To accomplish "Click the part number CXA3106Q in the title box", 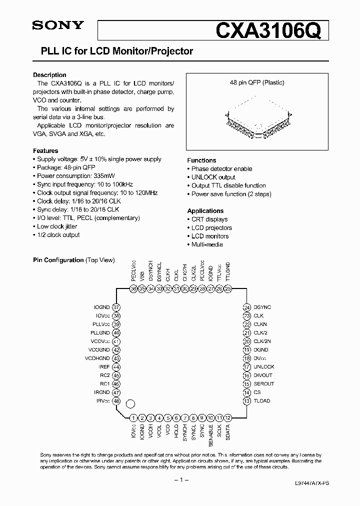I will click(x=271, y=31).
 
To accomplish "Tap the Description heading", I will click(x=49, y=75).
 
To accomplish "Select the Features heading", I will click(x=45, y=150).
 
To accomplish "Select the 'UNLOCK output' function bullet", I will click(x=213, y=177).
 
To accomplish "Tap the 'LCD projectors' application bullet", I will click(x=211, y=227).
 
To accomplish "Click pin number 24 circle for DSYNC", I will click(x=246, y=307).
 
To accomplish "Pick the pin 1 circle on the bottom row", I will click(x=133, y=418).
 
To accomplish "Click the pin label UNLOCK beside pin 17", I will click(x=263, y=367).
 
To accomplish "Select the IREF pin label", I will click(x=103, y=367).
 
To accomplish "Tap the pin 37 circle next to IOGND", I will click(x=116, y=307).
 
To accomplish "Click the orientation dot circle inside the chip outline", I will click(x=130, y=403).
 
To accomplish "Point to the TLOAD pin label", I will click(x=261, y=401).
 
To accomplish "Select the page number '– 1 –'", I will click(x=180, y=480).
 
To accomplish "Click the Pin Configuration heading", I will click(x=58, y=260).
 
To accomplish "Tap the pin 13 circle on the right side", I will click(x=246, y=401).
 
